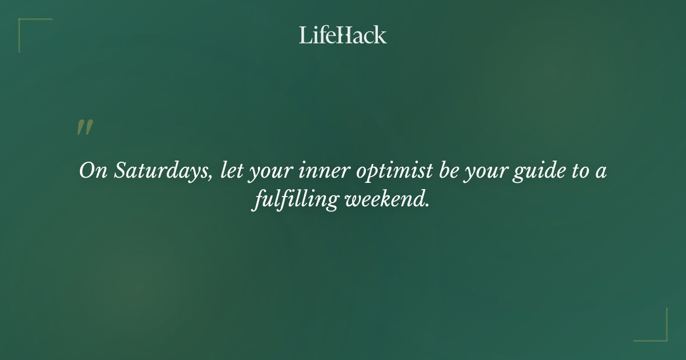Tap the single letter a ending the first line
601,173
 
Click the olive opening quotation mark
85,127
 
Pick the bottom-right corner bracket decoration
660,334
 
